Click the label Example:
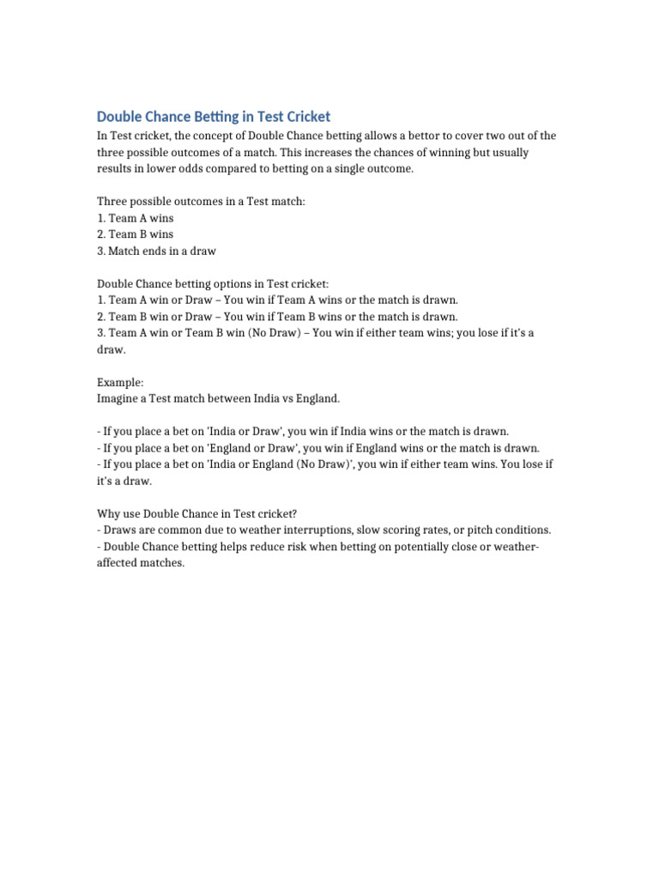tap(121, 382)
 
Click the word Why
tap(109, 513)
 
